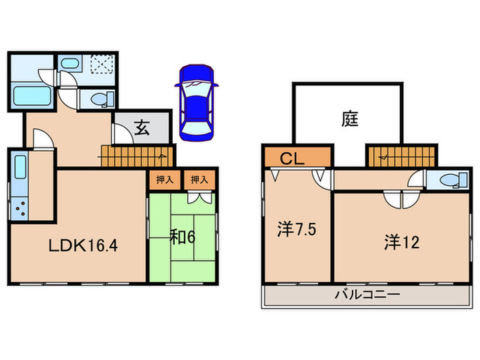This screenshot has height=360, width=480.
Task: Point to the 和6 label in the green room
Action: click(182, 237)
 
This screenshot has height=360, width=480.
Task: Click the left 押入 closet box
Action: click(161, 180)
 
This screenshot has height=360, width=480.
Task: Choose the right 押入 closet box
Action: click(200, 180)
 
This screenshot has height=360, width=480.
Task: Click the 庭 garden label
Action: click(349, 120)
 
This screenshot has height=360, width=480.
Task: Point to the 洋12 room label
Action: click(401, 241)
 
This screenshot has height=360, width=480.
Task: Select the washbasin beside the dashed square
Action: click(69, 64)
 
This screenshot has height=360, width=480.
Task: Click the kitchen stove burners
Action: click(19, 206)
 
